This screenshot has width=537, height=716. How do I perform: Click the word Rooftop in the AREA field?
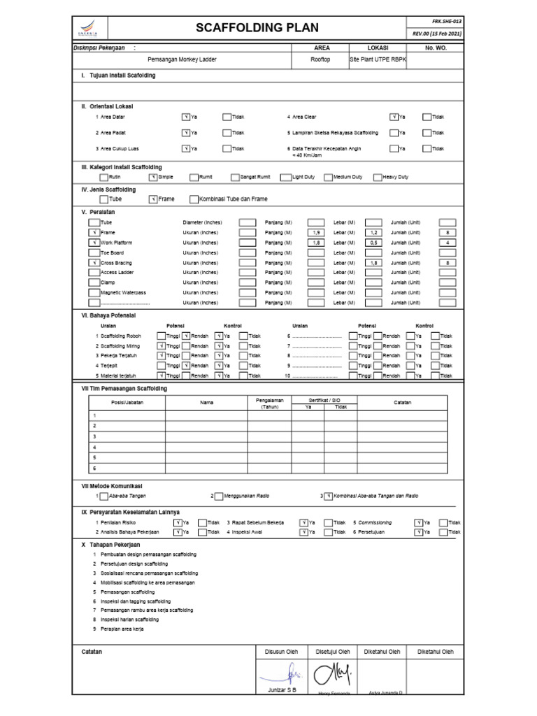320,60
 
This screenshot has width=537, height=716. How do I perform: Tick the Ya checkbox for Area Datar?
185,117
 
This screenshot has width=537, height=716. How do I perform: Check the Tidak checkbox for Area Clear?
427,117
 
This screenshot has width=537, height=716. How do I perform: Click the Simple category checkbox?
152,177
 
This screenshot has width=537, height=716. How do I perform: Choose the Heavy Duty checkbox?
378,177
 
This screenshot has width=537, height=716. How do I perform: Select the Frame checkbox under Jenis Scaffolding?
152,199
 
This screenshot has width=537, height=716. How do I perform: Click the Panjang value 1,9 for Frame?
316,232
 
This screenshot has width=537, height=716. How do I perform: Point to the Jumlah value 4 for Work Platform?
447,243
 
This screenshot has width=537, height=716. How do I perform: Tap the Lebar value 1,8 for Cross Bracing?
374,263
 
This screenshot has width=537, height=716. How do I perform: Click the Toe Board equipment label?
112,252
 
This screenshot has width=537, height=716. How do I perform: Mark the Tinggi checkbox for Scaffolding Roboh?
162,336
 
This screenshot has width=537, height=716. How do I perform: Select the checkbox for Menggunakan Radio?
219,496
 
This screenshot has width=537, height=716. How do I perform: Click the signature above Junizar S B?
283,675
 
